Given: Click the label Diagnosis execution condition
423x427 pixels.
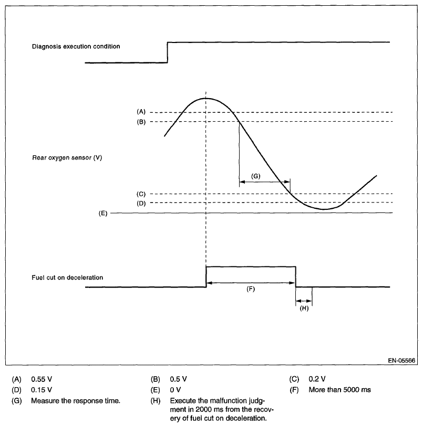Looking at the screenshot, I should pyautogui.click(x=76, y=46).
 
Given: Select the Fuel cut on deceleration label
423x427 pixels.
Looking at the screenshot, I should pyautogui.click(x=68, y=277).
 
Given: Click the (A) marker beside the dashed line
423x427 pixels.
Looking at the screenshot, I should pyautogui.click(x=140, y=112).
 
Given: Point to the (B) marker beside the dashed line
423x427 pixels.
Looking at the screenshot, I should pyautogui.click(x=140, y=122).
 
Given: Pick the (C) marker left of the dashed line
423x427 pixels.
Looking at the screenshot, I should pyautogui.click(x=140, y=194).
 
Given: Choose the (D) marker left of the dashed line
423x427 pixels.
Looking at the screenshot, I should pyautogui.click(x=140, y=202).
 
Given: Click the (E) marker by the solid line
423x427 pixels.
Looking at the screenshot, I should pyautogui.click(x=102, y=213).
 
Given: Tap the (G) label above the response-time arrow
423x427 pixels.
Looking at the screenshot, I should pyautogui.click(x=256, y=176).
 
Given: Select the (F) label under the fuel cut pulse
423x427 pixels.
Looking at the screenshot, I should pyautogui.click(x=251, y=290).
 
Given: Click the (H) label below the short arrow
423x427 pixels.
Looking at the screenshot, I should pyautogui.click(x=304, y=309).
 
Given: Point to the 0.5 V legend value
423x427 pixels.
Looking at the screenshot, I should pyautogui.click(x=179, y=379).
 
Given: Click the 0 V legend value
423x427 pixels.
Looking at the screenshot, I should pyautogui.click(x=176, y=390).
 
